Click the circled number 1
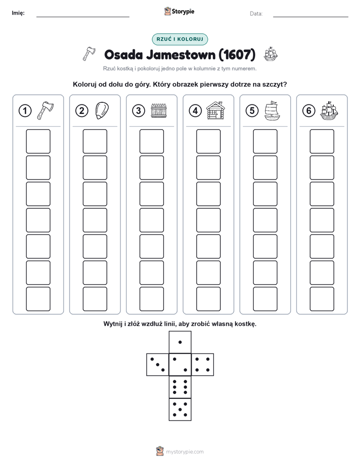[x=25, y=111]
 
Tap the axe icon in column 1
[x=45, y=110]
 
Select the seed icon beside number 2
[x=102, y=110]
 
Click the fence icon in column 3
[x=159, y=110]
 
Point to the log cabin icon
[x=216, y=110]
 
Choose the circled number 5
[x=252, y=111]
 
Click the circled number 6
[x=309, y=111]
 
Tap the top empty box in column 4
[x=208, y=141]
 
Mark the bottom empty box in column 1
[x=38, y=299]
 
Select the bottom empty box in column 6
[x=322, y=299]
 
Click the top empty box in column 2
[x=95, y=141]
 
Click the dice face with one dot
[x=180, y=342]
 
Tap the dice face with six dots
[x=180, y=387]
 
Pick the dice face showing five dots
[x=180, y=409]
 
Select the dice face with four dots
[x=203, y=365]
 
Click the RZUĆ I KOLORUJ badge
[x=179, y=39]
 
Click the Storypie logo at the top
[x=179, y=12]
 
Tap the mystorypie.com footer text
[x=185, y=452]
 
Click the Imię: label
[x=18, y=13]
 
